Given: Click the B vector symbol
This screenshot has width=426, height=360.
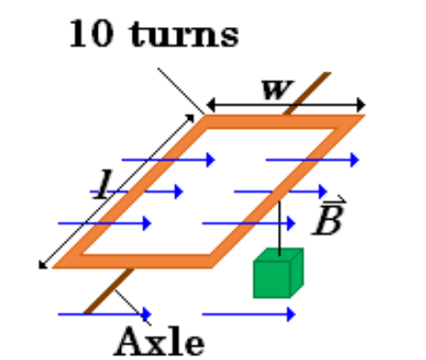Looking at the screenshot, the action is point(330,221).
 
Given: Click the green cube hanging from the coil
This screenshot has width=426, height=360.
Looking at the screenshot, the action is point(278,273).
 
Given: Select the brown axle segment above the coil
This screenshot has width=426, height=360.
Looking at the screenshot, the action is point(307,93).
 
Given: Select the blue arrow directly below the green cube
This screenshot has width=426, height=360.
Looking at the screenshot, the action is point(248,314).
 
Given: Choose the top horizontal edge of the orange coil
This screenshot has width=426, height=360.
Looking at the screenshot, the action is point(281,122).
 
